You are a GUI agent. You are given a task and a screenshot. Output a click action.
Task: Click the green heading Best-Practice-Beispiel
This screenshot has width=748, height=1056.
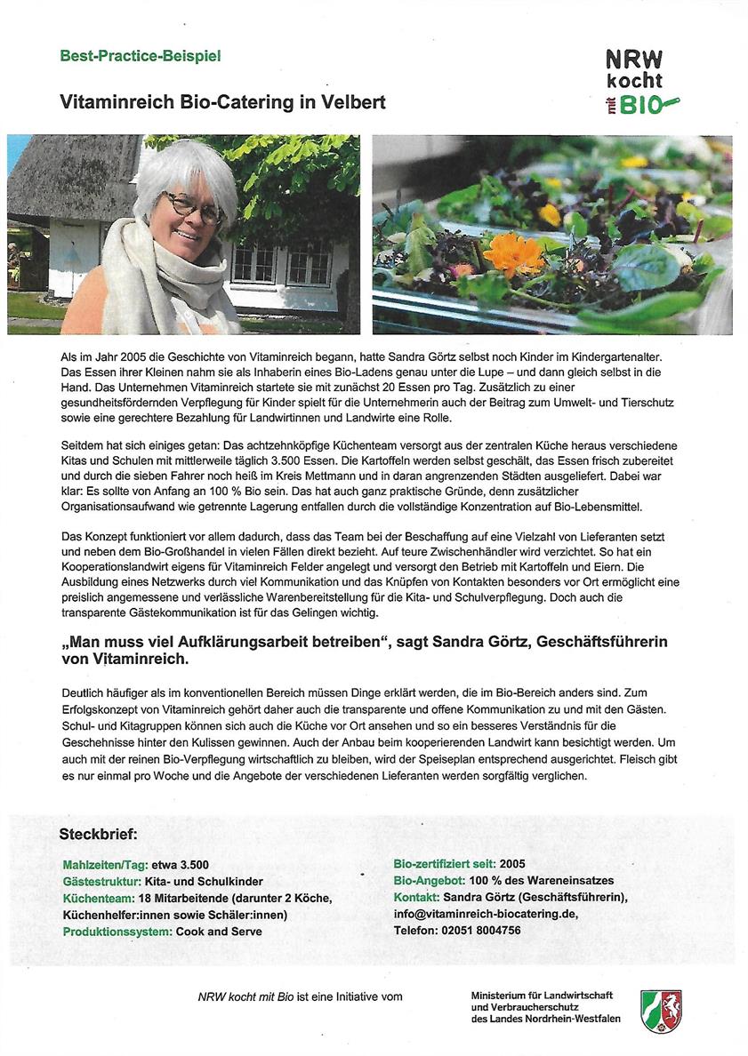click(140, 56)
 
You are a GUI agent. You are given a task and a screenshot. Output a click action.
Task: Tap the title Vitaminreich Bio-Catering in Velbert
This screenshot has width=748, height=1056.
click(222, 102)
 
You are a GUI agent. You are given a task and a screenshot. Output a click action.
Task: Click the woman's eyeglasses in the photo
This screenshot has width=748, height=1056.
click(191, 207)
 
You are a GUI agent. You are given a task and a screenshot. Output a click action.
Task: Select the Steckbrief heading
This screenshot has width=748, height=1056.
click(98, 835)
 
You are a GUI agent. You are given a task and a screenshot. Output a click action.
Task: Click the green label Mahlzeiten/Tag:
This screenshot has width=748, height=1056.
click(105, 865)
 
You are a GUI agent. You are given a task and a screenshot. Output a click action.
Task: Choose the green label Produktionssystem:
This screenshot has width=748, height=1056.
click(117, 932)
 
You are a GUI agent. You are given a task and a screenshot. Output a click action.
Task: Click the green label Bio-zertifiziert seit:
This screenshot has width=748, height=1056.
click(445, 864)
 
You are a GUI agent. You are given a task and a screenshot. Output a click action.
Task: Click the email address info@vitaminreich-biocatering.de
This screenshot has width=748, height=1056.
click(486, 914)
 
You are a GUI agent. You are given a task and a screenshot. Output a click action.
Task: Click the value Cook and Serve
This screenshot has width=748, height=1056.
click(219, 932)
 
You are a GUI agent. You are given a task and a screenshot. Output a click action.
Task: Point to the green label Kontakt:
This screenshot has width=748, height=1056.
click(416, 897)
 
